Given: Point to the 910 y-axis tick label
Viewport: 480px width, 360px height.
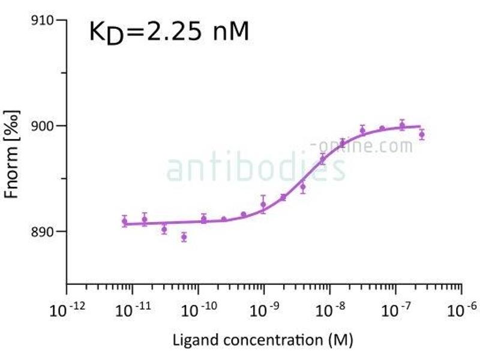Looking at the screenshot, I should (x=43, y=21).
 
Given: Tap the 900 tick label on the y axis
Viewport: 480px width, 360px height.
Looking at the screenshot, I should (x=43, y=126).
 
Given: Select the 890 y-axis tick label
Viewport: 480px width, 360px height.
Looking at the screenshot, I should (x=43, y=232).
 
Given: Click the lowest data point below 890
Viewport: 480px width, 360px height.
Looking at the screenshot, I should (x=184, y=237).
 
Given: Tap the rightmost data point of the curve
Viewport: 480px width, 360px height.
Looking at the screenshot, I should (x=421, y=134).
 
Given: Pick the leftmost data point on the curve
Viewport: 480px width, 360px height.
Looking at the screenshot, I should (x=124, y=221).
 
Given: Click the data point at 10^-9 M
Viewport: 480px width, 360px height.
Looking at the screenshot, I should (x=263, y=205).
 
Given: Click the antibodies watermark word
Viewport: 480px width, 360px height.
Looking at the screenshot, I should (x=256, y=169).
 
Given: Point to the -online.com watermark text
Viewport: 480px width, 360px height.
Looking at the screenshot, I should (x=362, y=146).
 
